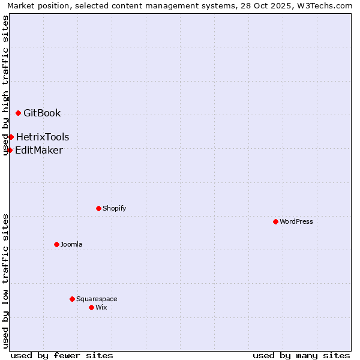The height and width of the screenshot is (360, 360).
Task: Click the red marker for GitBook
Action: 18,113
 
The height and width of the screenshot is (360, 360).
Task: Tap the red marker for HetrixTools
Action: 11,137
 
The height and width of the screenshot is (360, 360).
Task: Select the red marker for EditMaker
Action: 10,150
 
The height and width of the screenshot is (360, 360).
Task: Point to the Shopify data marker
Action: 98,208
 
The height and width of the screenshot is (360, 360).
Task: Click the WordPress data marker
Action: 275,221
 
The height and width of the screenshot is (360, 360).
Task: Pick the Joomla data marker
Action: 56,244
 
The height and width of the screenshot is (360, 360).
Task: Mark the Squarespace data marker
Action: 72,299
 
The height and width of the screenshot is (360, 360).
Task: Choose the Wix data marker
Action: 91,307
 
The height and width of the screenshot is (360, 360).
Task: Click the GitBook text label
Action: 42,113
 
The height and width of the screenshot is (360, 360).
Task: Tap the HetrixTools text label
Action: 43,137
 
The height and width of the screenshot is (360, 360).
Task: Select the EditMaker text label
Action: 39,150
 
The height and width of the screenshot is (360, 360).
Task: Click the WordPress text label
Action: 296,221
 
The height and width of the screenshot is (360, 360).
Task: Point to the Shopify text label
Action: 114,208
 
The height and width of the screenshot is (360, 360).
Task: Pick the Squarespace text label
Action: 97,299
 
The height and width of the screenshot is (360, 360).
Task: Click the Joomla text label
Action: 71,244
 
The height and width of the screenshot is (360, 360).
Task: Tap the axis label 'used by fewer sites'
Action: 62,355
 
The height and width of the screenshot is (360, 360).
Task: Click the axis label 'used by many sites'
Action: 301,355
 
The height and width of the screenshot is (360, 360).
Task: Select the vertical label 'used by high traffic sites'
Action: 6,85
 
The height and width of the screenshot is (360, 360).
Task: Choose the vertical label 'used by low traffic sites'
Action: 6,281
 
